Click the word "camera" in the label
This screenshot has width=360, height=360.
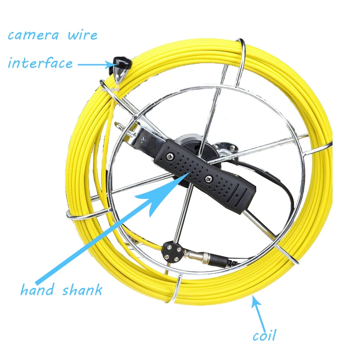coord(33,36)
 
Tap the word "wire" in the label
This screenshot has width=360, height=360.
coord(83,36)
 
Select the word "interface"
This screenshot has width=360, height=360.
coord(40,63)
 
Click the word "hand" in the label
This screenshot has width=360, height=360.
coord(38,289)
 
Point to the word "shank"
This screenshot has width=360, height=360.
coord(82,290)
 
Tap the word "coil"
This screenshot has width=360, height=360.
coord(264,335)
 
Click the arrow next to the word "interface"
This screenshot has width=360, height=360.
coord(95,64)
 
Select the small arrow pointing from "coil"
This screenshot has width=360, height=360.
coord(259,314)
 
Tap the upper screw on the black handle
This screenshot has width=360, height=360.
coord(171,156)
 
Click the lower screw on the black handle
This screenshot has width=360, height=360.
coord(209,179)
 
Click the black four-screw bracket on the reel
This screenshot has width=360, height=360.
coord(172,252)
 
